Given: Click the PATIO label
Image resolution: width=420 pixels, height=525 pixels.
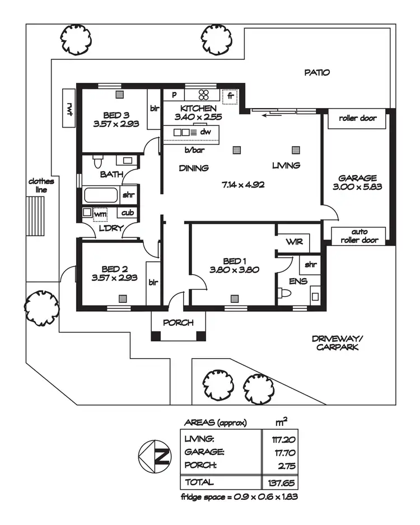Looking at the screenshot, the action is pos(317,72).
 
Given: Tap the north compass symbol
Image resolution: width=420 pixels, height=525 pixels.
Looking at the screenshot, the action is pos(155,456).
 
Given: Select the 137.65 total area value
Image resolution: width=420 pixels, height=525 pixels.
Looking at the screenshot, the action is pos(281,483).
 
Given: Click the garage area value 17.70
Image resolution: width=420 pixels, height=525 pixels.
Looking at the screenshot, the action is pos(285,453).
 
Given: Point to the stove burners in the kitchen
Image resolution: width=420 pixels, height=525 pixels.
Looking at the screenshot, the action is pos(204,95).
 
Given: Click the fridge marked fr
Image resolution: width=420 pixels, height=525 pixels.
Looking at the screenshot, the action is pos(230,97).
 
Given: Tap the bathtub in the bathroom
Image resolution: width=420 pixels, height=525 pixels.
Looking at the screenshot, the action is pos(101,195).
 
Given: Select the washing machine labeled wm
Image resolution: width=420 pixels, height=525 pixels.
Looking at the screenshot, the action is pos(100,214).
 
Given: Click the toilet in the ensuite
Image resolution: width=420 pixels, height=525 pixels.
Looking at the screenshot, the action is pos(284,294).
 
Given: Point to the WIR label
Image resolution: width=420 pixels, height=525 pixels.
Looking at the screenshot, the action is pos(295,241).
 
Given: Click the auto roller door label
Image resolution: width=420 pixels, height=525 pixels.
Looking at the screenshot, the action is pos(359,236).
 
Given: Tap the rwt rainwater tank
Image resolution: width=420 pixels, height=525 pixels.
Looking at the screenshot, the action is pos(69,108).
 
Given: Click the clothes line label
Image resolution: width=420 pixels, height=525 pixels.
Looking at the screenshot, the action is pos(41,185).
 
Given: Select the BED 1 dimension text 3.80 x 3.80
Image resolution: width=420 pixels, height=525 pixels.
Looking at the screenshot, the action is pos(235,270).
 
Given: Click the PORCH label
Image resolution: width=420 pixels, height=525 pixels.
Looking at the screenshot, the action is pos(178,323).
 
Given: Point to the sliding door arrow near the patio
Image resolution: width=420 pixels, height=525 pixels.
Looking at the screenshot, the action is pos(272,115).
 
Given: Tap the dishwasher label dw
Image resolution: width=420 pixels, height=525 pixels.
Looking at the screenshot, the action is pos(206,132).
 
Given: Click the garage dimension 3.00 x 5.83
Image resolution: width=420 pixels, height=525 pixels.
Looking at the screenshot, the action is pos(357,187).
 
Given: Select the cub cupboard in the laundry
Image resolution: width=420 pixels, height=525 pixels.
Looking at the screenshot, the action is pos(127,213).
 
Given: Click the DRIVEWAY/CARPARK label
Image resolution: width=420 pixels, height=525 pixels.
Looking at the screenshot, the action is pos(337,343).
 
